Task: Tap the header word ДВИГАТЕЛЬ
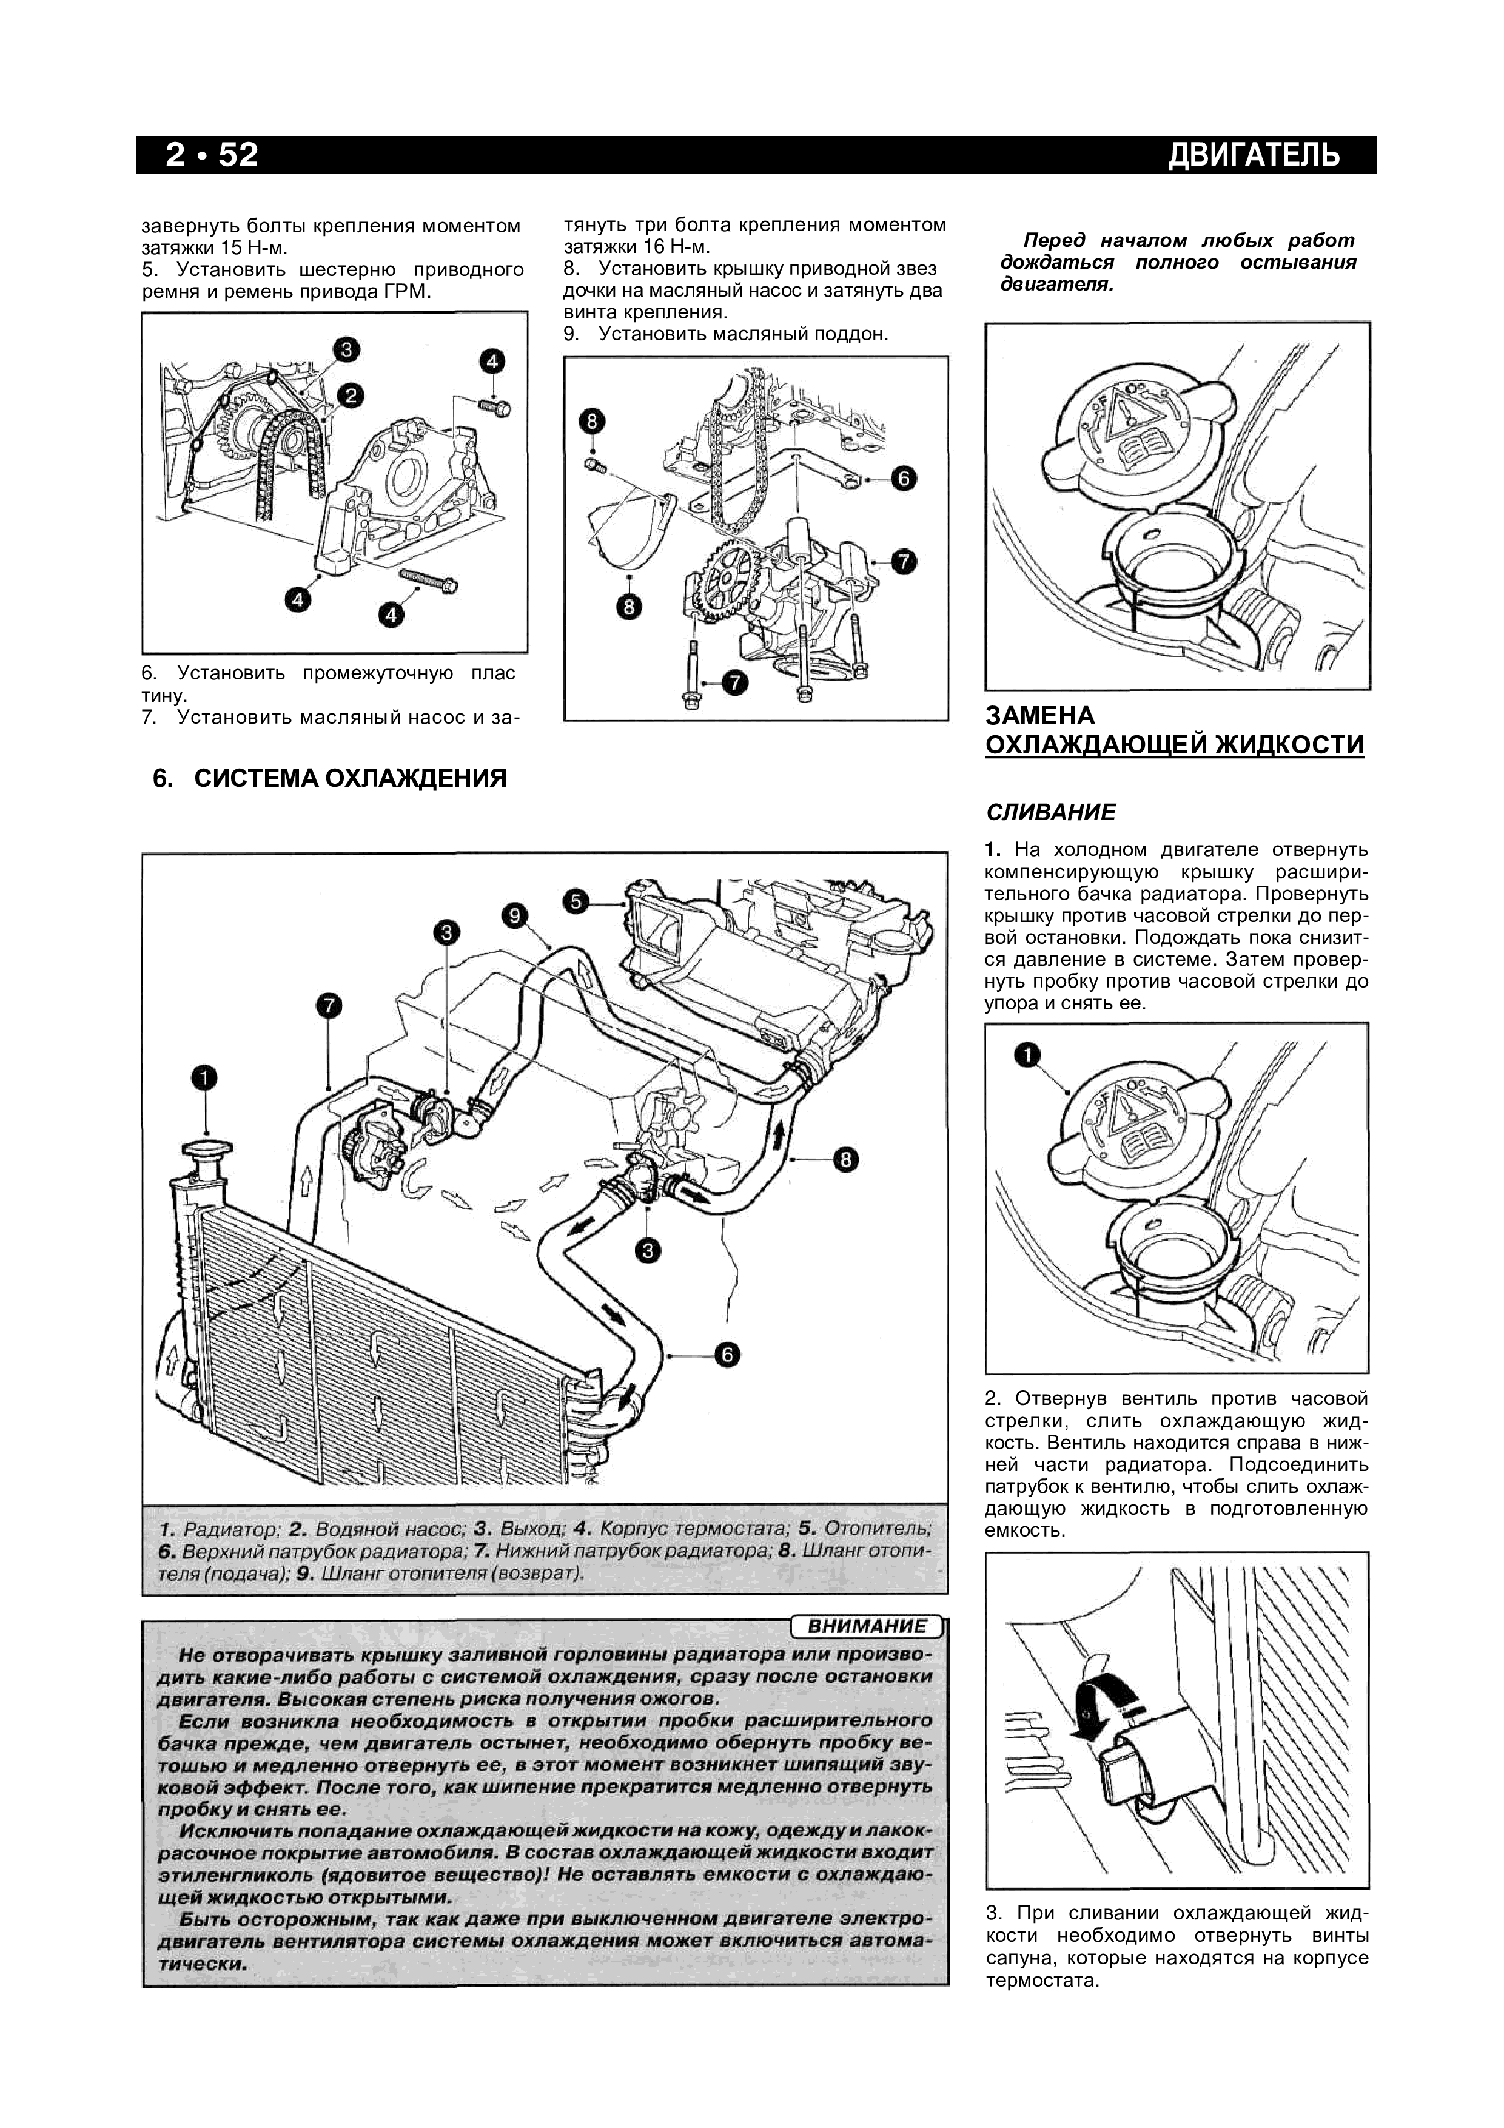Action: [1254, 155]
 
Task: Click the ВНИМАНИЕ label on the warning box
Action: [867, 1626]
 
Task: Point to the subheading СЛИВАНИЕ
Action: [1051, 813]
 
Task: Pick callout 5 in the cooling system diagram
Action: [576, 901]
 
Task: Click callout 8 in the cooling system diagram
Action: [845, 1159]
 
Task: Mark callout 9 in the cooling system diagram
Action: [514, 917]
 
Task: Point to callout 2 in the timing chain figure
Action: [351, 396]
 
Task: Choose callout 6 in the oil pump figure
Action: [904, 478]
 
